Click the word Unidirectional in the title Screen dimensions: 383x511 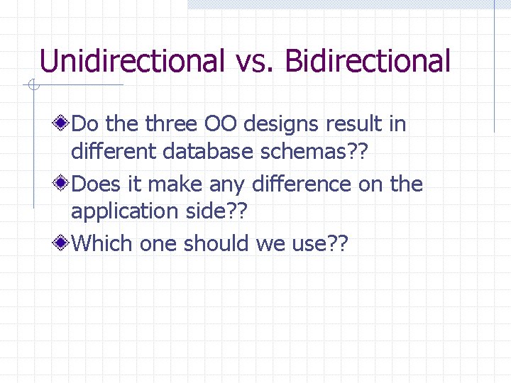click(132, 61)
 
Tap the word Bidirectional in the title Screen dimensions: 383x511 click(368, 61)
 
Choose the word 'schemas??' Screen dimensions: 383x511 click(324, 151)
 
